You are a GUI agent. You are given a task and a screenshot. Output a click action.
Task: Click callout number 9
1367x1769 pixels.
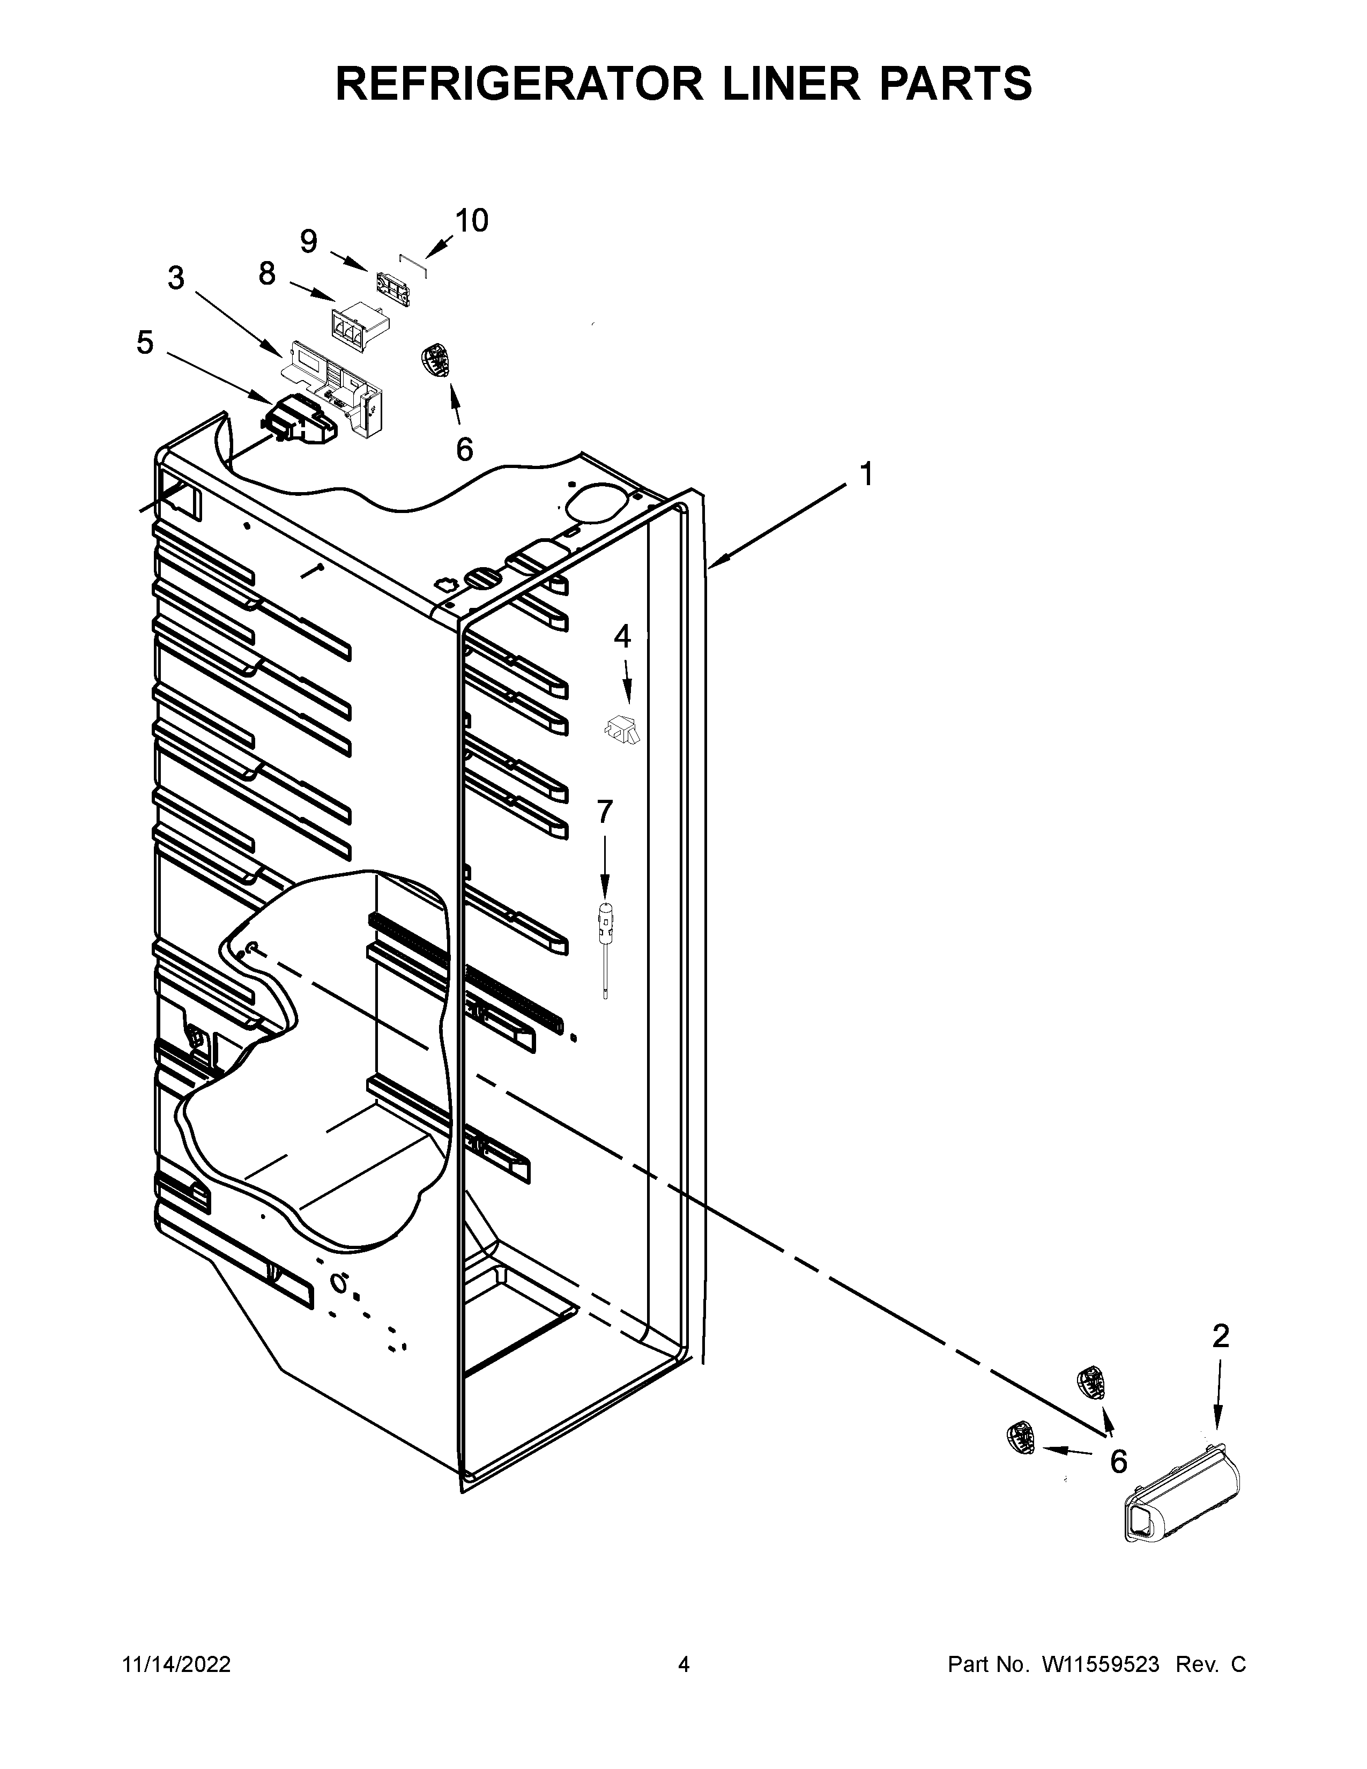click(309, 241)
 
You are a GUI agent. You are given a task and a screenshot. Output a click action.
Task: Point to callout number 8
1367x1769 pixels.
click(268, 274)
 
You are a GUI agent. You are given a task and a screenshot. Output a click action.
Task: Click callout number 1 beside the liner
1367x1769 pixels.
click(866, 474)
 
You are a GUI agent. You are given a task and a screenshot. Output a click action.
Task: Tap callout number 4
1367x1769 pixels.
click(621, 637)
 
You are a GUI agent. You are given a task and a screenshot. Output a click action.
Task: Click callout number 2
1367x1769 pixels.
click(1221, 1336)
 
